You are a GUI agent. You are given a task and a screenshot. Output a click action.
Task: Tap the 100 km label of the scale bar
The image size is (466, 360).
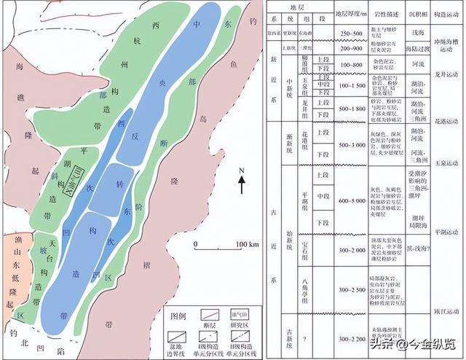(248, 243)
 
